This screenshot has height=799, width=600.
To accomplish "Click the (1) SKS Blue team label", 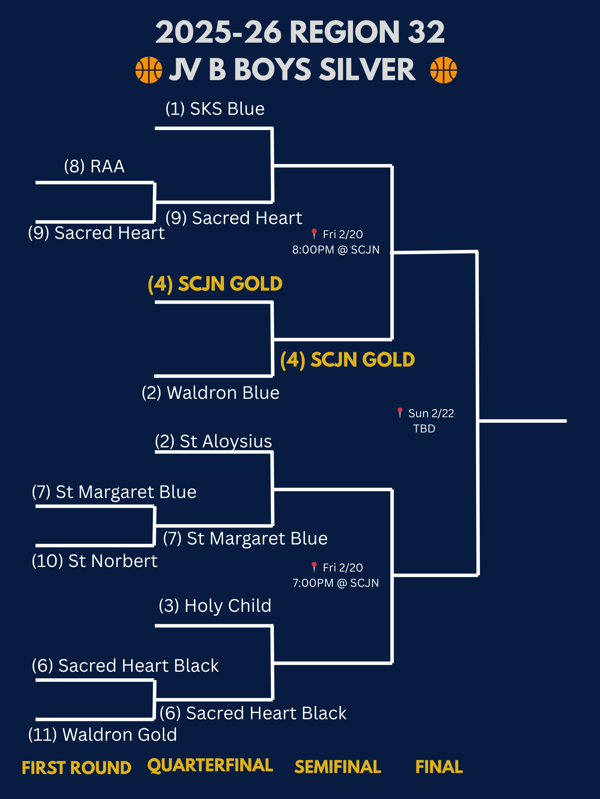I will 215,109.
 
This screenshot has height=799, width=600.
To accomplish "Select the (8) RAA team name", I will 94,166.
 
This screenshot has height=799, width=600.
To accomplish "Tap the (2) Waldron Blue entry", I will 210,393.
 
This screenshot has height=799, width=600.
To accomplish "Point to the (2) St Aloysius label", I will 214,441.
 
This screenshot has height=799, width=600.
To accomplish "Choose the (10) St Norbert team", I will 94,561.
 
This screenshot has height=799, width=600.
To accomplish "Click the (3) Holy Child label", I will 215,606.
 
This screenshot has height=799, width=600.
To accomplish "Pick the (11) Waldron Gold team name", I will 103,735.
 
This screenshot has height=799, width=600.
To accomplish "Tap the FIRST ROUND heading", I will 76,768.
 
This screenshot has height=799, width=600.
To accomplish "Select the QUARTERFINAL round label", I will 210,765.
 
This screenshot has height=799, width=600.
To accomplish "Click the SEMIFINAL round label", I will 337,767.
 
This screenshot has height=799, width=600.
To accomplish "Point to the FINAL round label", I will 439,767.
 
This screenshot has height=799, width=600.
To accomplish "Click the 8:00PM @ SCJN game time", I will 336,250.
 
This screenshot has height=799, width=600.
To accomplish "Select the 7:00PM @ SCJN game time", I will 336,583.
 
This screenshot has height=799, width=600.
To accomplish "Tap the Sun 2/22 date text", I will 431,413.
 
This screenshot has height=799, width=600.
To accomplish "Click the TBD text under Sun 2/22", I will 424,429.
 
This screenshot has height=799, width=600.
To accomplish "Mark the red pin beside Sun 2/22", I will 400,412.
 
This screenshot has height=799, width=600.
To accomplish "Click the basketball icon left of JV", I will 149,70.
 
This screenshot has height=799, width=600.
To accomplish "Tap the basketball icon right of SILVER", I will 443,70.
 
